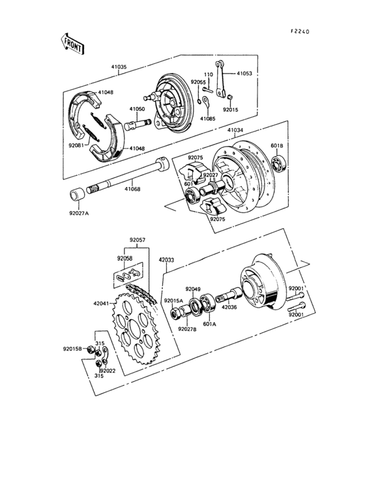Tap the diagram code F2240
pos(302,31)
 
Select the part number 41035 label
pos(118,66)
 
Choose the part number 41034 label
pos(236,130)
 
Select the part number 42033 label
pos(167,259)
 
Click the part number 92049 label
pos(193,288)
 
